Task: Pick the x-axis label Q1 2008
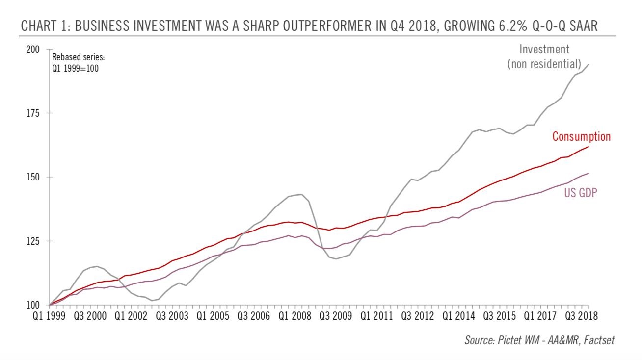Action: tap(294, 315)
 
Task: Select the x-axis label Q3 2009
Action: tap(335, 315)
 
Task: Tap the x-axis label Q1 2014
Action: tap(458, 315)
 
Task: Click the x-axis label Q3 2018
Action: tap(581, 315)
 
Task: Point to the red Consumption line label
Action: tap(581, 137)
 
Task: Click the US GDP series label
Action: tap(580, 193)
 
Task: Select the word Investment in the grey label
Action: tap(544, 50)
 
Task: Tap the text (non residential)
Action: tap(544, 64)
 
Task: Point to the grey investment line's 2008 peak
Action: tap(301, 194)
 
